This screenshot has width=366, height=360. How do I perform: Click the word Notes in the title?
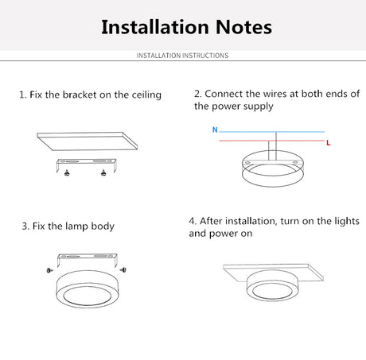(x=244, y=27)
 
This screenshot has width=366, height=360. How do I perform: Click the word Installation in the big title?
(x=155, y=27)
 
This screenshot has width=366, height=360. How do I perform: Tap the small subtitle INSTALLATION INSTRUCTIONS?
(x=182, y=56)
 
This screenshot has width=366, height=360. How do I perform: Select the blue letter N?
(x=215, y=130)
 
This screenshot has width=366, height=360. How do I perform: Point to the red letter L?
(x=329, y=143)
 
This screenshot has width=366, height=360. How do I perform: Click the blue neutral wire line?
(x=272, y=132)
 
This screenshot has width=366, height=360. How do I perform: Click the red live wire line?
(x=272, y=141)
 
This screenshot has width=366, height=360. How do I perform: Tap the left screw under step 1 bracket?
(x=67, y=172)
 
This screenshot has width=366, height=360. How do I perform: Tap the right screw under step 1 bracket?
(x=103, y=172)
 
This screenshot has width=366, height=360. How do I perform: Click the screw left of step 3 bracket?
(x=49, y=270)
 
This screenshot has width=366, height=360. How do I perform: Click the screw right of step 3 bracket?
(x=123, y=270)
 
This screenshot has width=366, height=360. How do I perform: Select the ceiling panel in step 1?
(x=88, y=141)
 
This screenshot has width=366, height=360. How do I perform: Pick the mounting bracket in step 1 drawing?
(x=87, y=161)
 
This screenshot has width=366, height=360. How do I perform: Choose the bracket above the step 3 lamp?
(x=88, y=256)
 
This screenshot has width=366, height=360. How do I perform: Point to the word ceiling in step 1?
(x=146, y=95)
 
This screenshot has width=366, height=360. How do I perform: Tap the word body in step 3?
(x=103, y=226)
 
